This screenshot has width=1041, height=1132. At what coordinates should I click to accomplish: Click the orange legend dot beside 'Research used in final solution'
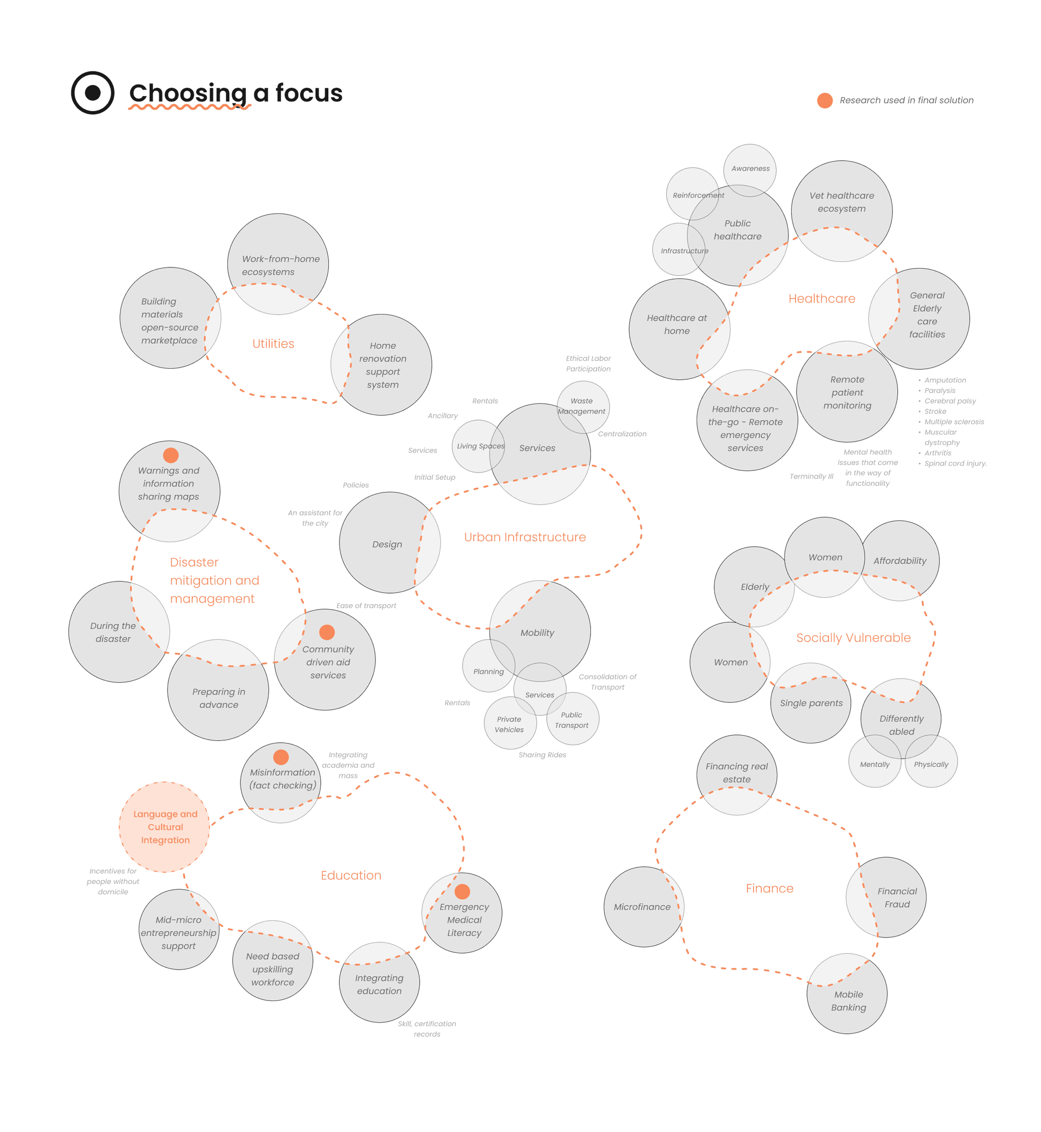tap(825, 100)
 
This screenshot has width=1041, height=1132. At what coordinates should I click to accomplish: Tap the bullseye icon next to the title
tap(92, 93)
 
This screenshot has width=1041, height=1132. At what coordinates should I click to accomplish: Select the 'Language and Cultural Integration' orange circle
tap(165, 827)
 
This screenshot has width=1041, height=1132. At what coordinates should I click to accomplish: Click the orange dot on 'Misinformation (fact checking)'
tap(280, 757)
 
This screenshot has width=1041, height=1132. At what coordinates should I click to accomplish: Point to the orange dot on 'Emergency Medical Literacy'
tap(462, 892)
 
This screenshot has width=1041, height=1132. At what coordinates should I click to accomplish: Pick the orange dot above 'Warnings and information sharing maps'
tap(171, 455)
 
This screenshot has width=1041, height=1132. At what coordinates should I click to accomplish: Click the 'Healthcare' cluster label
tap(822, 298)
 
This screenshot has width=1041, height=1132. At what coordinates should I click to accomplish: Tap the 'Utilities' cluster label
tap(273, 344)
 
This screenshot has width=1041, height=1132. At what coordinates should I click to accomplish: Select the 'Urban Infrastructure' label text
tap(525, 537)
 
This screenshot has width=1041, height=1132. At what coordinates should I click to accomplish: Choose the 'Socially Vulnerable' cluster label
tap(853, 637)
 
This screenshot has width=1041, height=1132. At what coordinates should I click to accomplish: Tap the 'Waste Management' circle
tap(583, 407)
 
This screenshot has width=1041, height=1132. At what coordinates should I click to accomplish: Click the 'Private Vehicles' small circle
tap(510, 723)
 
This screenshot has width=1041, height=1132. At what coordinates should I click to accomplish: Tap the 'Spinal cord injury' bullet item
tap(955, 464)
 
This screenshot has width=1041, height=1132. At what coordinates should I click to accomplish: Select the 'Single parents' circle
tap(810, 703)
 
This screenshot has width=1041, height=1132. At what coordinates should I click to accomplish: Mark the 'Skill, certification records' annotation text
tap(427, 1029)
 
